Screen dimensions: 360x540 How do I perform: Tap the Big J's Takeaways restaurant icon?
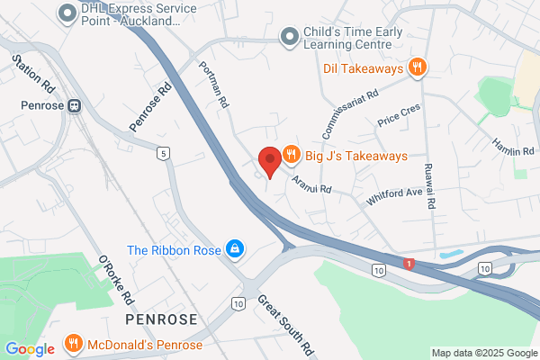click(291, 155)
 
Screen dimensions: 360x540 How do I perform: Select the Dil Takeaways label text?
click(361, 67)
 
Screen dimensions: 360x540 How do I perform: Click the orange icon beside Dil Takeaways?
click(417, 67)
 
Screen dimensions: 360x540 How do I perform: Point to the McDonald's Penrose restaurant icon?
click(74, 344)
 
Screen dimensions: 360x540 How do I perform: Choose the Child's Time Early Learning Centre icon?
click(288, 36)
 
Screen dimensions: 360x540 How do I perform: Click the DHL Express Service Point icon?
click(66, 13)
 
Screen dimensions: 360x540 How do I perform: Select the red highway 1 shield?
click(409, 264)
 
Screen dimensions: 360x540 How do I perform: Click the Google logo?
click(30, 348)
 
